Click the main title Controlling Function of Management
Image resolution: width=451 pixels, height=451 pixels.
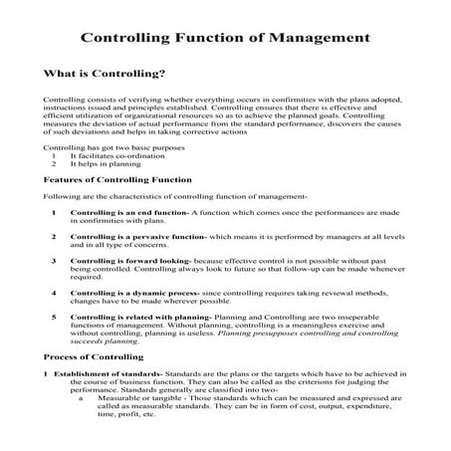(225, 40)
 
